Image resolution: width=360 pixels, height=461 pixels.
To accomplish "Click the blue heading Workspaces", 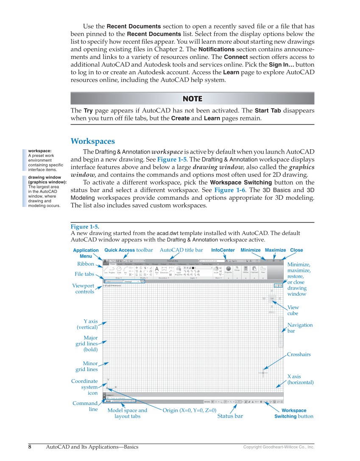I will (92, 141).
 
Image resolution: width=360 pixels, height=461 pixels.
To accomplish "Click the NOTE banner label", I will (192, 99).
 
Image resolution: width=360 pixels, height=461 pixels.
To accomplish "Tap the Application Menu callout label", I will (86, 253).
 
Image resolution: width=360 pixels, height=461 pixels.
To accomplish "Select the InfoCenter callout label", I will (223, 250).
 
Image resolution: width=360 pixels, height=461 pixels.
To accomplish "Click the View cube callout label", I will (293, 310).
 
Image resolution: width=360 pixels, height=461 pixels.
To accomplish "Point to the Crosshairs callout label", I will (299, 355).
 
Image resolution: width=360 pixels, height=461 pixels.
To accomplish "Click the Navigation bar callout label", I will (300, 328).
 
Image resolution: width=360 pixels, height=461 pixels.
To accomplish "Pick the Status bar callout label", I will (230, 416).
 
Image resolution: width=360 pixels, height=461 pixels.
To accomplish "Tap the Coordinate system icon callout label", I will (84, 387).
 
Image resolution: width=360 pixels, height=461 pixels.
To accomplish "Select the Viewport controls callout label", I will (83, 289).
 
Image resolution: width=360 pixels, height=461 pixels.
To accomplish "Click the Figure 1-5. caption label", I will (85, 227).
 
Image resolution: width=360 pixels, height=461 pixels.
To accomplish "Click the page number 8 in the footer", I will (30, 447).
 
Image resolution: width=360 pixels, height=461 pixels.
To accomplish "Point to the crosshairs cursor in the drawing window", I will (263, 373).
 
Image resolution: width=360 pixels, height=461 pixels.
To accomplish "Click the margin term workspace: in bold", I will (40, 151).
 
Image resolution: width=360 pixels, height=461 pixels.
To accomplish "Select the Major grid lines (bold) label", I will (87, 344).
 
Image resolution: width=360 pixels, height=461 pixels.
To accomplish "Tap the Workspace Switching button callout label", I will (294, 414).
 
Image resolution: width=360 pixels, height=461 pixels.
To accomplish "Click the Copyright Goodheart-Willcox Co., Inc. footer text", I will (279, 447).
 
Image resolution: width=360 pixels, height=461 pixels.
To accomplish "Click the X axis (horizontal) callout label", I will (300, 380).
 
